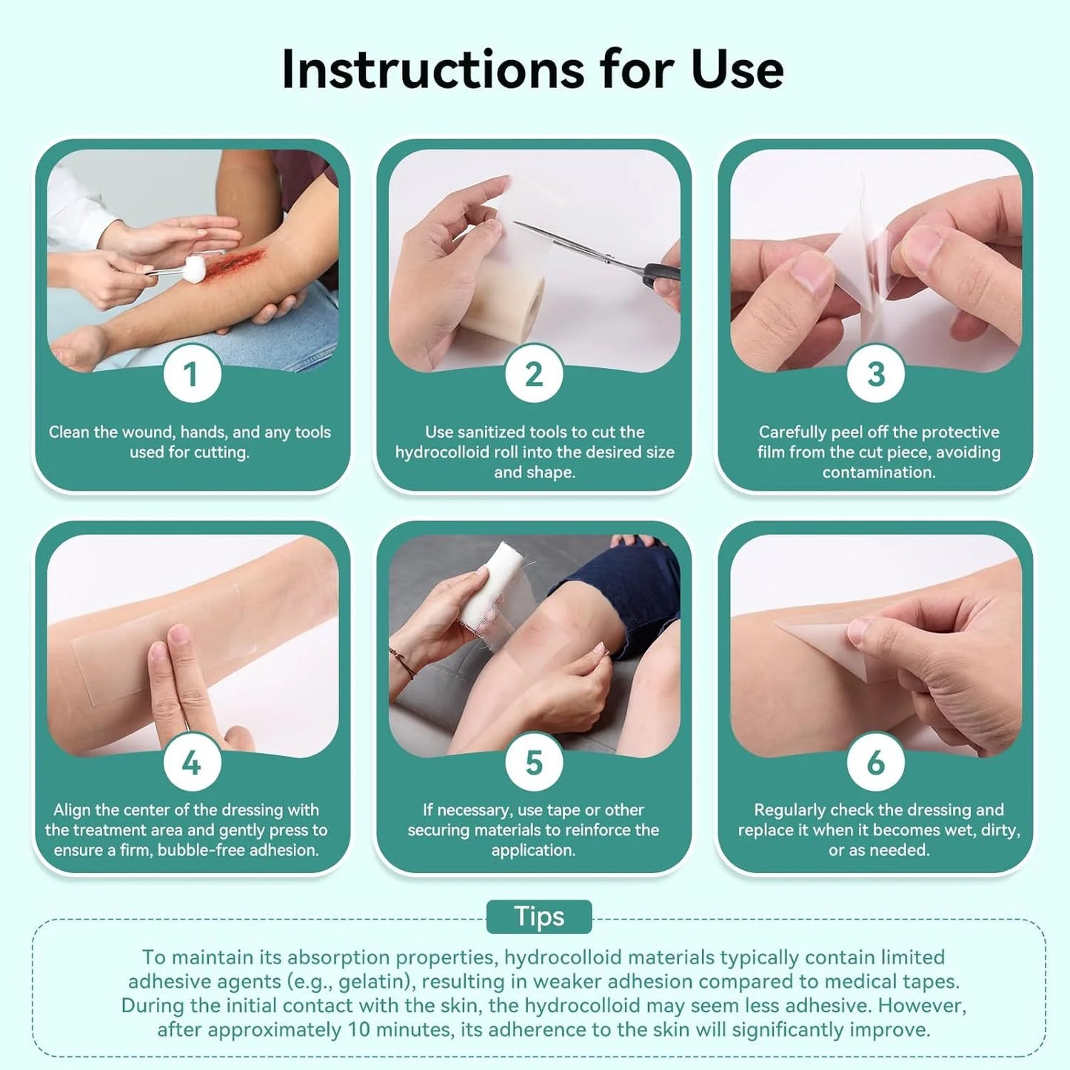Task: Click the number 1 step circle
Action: pyautogui.click(x=192, y=374)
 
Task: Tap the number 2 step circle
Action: pyautogui.click(x=534, y=374)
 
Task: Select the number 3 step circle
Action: pyautogui.click(x=876, y=374)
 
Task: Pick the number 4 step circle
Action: pyautogui.click(x=192, y=762)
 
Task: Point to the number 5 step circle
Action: pyautogui.click(x=534, y=762)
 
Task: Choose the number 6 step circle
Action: pyautogui.click(x=876, y=762)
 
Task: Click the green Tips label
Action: pyautogui.click(x=539, y=917)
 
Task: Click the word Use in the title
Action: pyautogui.click(x=737, y=70)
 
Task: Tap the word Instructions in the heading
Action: pyautogui.click(x=433, y=70)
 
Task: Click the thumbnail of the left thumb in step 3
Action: pyautogui.click(x=813, y=272)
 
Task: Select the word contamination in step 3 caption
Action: pyautogui.click(x=879, y=472)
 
